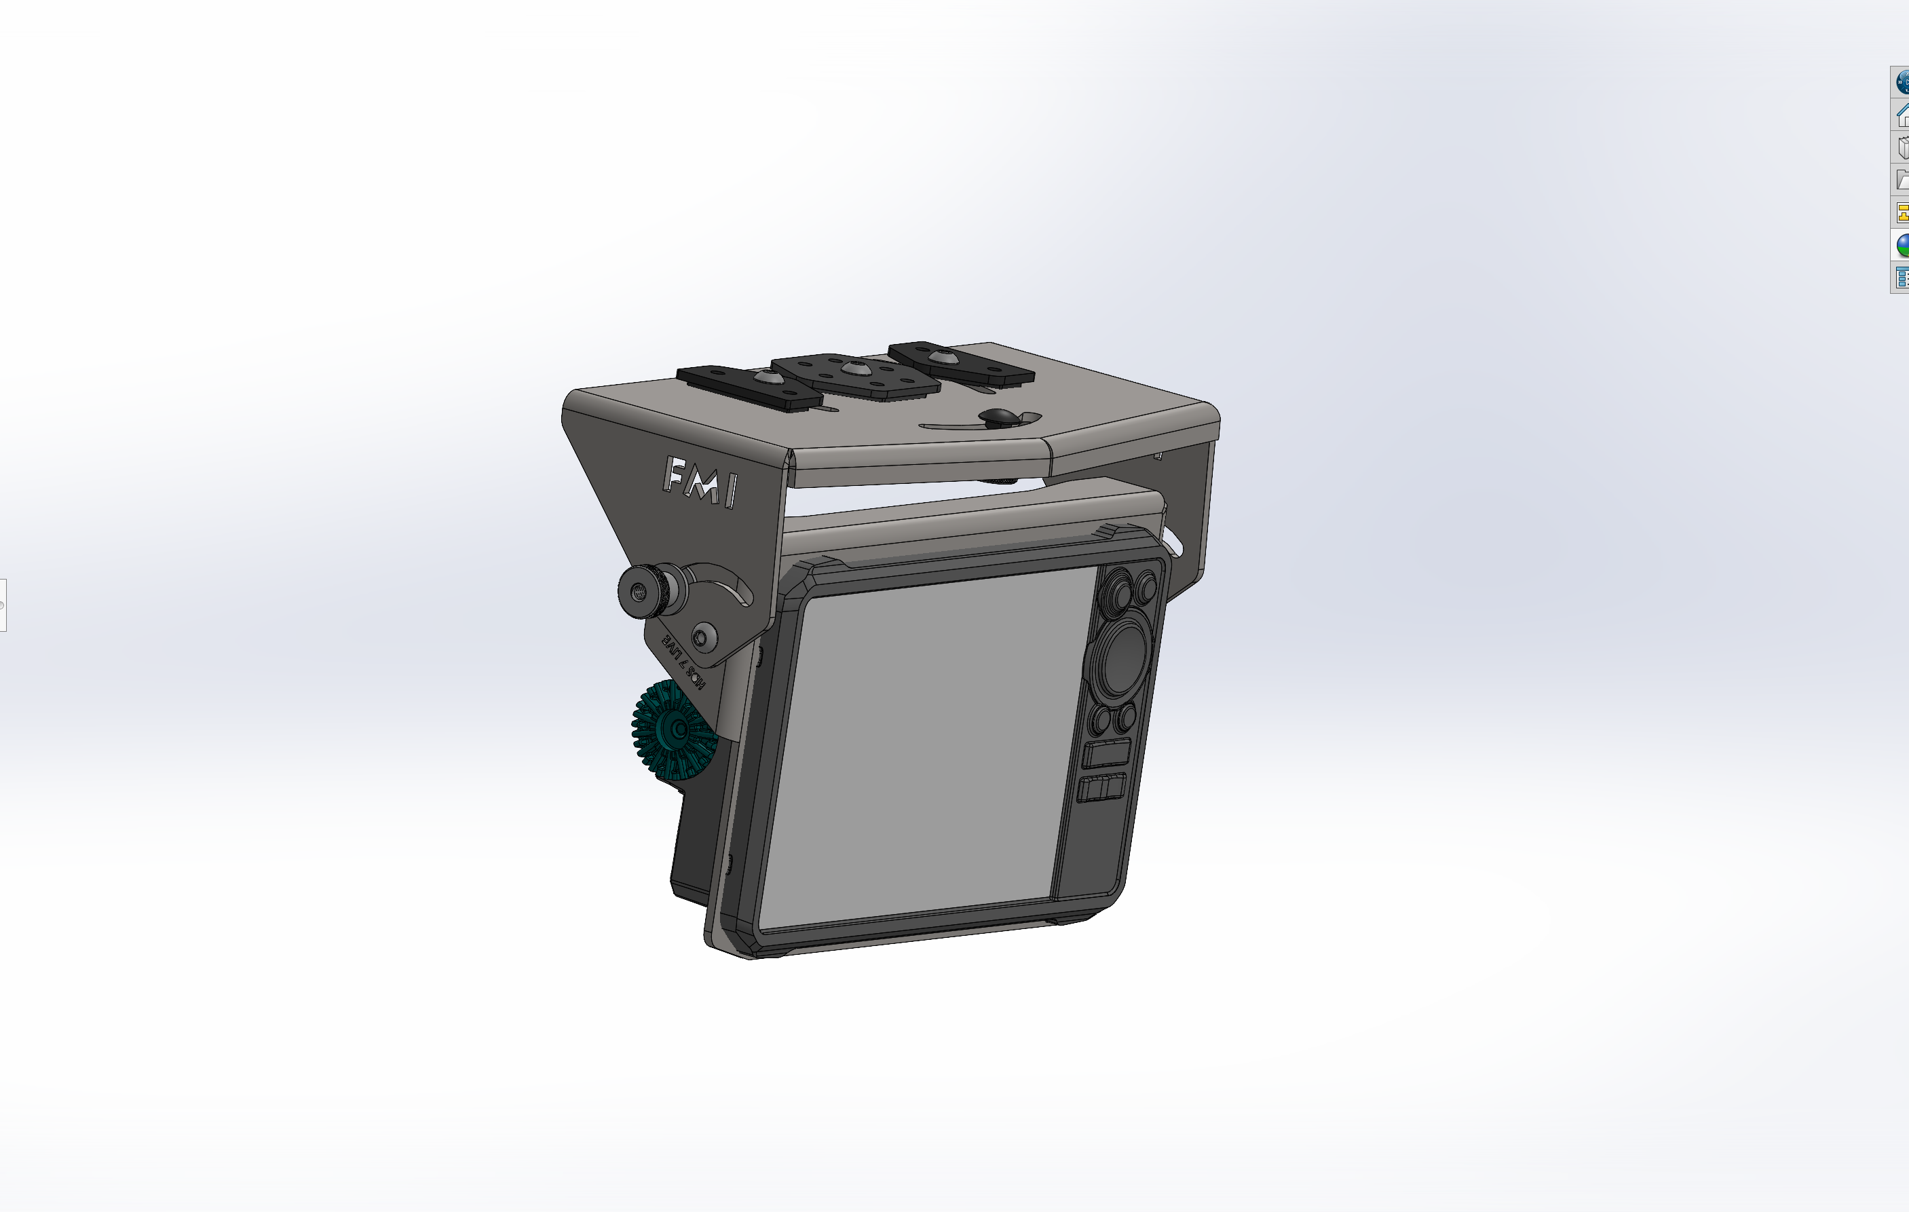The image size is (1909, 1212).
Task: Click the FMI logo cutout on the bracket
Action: click(701, 481)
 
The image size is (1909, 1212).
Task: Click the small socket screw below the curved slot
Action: click(702, 637)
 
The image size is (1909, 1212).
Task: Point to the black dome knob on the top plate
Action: click(998, 417)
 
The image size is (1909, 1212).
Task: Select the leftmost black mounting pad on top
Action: click(749, 387)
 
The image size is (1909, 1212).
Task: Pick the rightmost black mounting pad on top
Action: click(961, 362)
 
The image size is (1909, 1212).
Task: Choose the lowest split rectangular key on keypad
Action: click(1102, 789)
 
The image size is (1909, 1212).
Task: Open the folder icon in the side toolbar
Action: click(1902, 180)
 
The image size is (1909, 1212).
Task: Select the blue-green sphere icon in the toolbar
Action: click(1902, 245)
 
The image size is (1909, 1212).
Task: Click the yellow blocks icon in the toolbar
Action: click(1902, 212)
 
